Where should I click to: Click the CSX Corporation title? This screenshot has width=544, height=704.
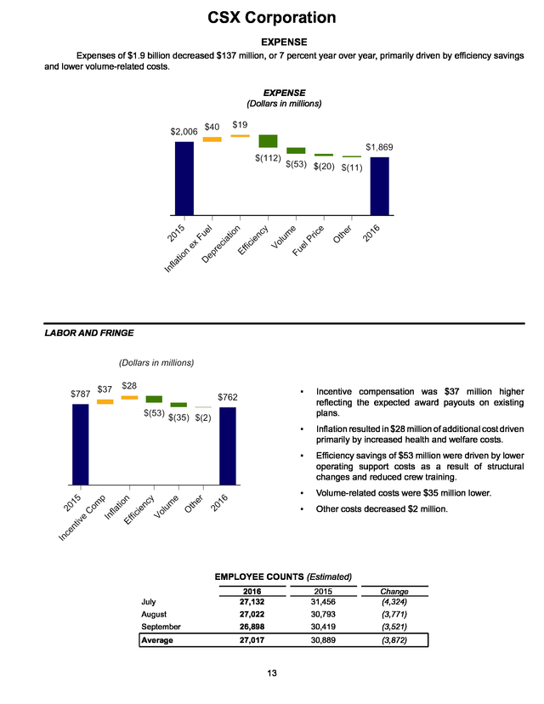point(271,18)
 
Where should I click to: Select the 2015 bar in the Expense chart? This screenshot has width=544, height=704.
point(184,179)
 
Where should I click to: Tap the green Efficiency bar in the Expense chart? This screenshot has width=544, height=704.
point(268,141)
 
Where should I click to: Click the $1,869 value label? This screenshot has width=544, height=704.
point(379,147)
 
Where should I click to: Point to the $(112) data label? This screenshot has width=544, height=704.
point(268,158)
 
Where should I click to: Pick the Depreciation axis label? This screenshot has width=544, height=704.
point(221,244)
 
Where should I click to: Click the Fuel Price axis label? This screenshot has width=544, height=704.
point(308,241)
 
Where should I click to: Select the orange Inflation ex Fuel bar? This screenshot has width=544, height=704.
point(212,139)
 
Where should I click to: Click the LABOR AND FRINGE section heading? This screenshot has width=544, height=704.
point(89,332)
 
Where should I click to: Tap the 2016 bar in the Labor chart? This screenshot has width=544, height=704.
point(228,446)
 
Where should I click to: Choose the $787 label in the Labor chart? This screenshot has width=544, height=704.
point(81,394)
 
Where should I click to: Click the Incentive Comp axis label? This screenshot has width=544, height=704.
point(82,517)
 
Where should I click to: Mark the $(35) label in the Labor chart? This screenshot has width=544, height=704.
point(178,417)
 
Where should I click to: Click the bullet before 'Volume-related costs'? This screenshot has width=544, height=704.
point(302,493)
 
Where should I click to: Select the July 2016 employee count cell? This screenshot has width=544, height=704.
point(252,602)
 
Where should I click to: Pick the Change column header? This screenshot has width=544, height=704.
point(394,591)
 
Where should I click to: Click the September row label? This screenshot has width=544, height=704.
point(161,627)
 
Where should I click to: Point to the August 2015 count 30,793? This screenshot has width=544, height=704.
point(323,614)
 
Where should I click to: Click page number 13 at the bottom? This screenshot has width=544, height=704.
point(272,673)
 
